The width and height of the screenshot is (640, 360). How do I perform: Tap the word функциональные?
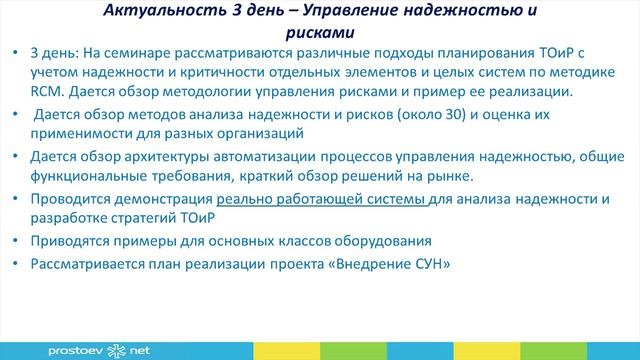tap(88, 176)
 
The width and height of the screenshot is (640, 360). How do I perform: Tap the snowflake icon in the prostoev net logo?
tap(114, 350)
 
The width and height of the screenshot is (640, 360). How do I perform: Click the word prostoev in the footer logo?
tap(74, 351)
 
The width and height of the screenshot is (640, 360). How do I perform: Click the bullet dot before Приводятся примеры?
tap(17, 241)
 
